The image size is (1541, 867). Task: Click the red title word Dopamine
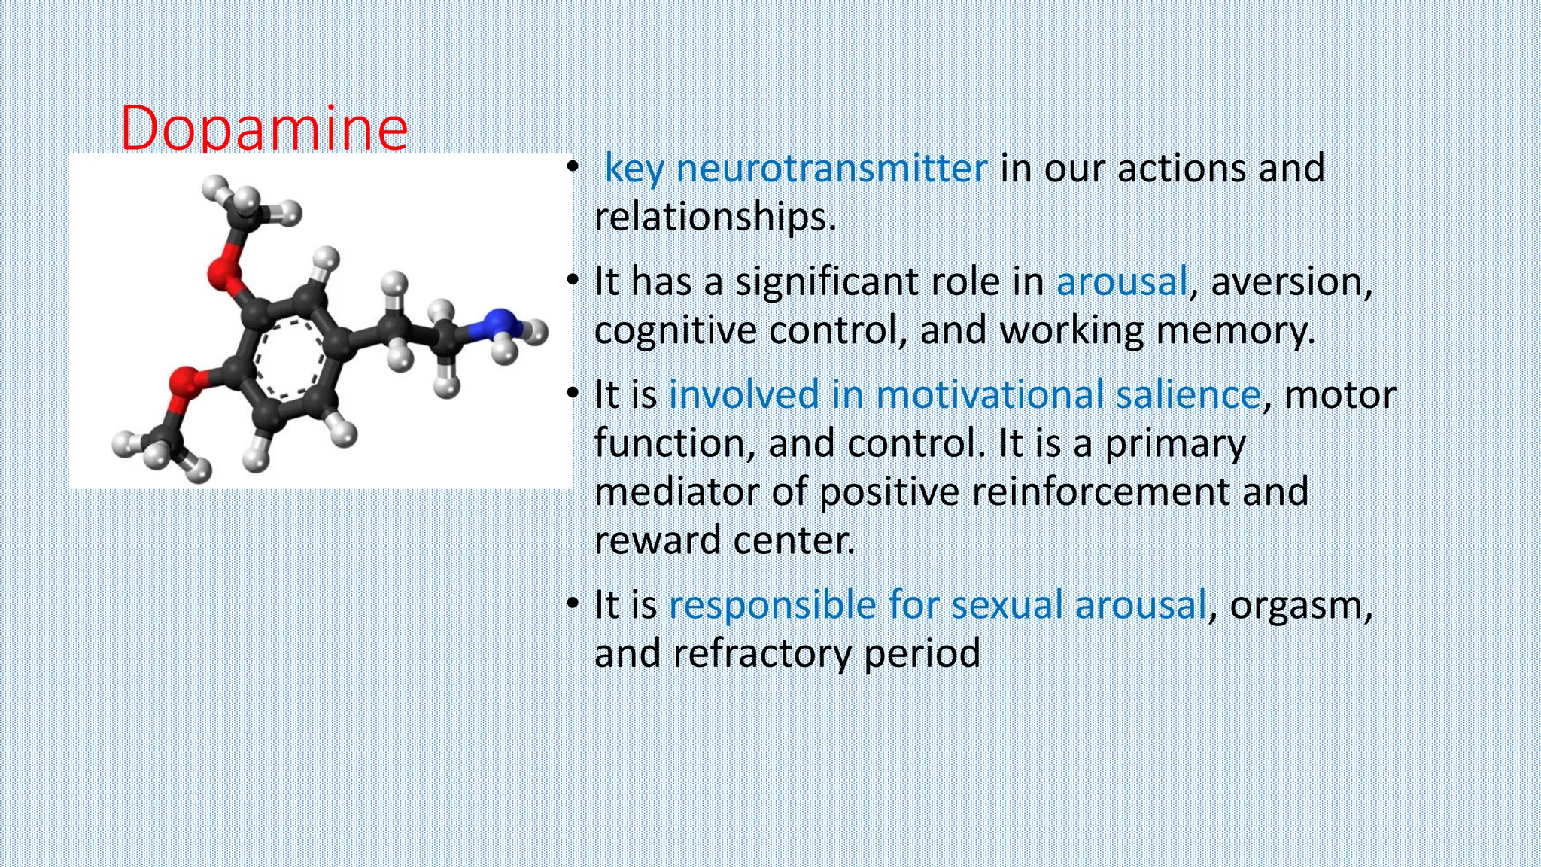[x=263, y=128]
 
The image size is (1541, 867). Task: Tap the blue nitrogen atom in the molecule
[x=496, y=325]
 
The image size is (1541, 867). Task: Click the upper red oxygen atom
[x=223, y=276]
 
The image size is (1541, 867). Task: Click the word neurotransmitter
[x=831, y=168]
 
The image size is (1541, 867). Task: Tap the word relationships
[x=715, y=217]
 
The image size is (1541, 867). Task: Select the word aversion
[x=1291, y=281]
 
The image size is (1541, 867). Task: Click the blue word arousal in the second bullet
[x=1121, y=281]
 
